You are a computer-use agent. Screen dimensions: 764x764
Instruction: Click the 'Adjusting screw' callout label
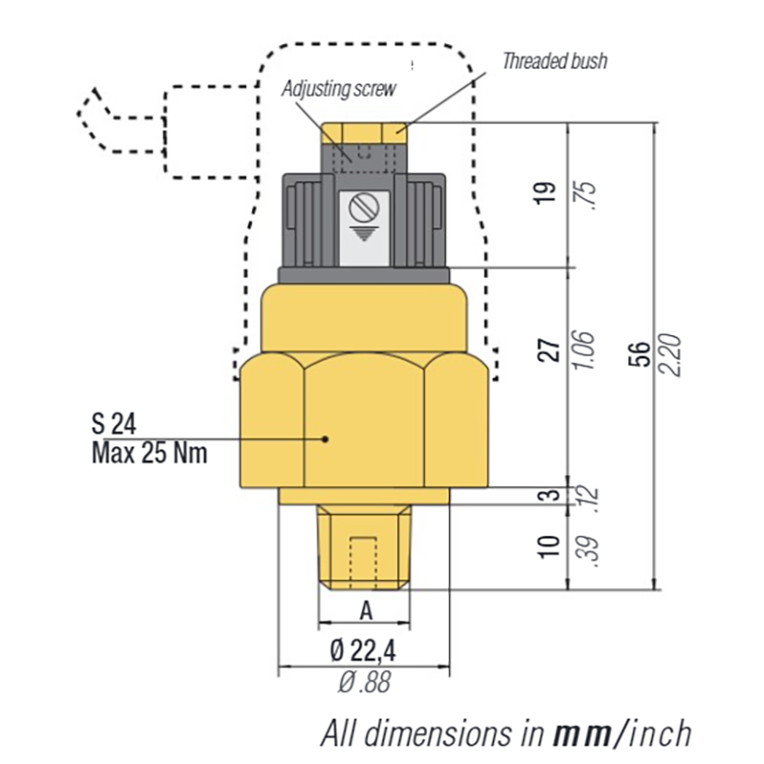click(338, 88)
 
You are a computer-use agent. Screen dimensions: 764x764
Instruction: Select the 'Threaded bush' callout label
click(555, 60)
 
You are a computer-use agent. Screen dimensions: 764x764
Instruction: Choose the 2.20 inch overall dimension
click(671, 354)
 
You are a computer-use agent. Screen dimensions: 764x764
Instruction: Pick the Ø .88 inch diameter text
click(364, 682)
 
